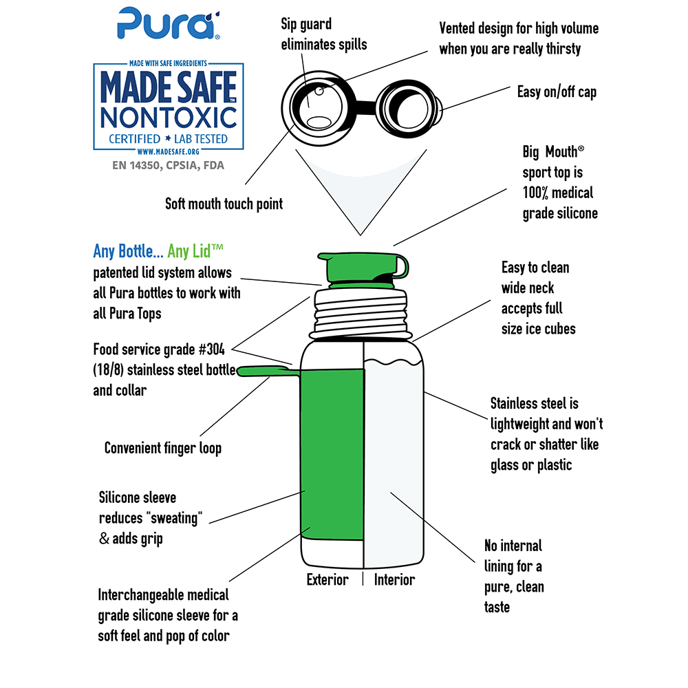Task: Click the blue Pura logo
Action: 169,23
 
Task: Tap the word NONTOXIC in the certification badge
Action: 169,118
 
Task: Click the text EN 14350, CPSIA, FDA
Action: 168,165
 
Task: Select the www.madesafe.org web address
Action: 168,152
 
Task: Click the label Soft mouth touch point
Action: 224,204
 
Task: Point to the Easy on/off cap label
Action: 557,92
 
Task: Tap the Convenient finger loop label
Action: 163,448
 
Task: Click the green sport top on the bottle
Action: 363,268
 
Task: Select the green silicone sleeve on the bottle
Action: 332,454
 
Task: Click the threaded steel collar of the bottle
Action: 361,312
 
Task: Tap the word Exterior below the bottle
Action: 327,579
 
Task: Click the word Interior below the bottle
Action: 394,579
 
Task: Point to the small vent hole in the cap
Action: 319,91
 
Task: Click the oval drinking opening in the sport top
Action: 319,121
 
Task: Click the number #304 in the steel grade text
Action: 211,350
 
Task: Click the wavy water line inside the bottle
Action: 394,363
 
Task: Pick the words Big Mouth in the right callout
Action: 550,152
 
